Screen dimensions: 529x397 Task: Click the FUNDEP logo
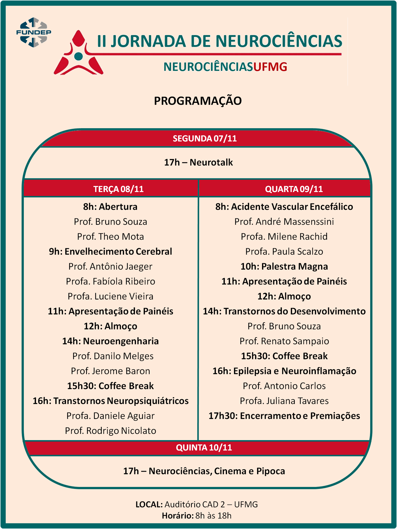(33, 32)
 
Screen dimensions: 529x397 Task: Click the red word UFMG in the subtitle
(270, 67)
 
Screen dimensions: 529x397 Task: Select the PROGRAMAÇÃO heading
(198, 101)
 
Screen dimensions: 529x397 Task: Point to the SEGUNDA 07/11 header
(205, 138)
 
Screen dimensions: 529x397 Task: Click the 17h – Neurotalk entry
(198, 162)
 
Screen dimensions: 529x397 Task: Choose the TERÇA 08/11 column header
(118, 189)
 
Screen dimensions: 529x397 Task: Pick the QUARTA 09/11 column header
(294, 189)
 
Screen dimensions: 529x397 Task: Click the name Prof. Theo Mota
(111, 237)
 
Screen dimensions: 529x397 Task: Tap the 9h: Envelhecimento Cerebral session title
(111, 251)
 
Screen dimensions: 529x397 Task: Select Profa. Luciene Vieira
(111, 296)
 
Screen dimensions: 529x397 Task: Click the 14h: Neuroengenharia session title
(111, 341)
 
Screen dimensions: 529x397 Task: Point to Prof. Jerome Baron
(111, 371)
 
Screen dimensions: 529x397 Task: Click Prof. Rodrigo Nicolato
(111, 431)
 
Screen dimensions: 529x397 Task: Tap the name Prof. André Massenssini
(284, 221)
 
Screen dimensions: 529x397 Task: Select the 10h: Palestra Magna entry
(284, 266)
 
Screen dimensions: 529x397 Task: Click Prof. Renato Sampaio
(284, 341)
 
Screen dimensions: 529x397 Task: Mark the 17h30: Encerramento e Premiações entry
(284, 416)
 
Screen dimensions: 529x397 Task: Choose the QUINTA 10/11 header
(204, 447)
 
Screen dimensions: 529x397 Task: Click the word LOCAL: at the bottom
(149, 504)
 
